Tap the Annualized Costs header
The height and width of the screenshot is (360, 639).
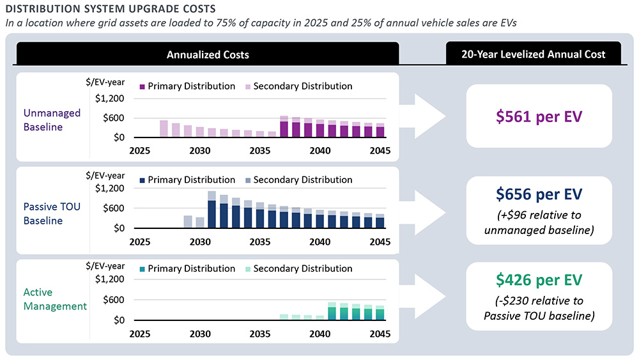tap(208, 54)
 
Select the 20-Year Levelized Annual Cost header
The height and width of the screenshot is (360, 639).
tap(533, 54)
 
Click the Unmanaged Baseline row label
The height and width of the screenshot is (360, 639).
tap(52, 120)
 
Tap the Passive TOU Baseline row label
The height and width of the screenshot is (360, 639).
tap(52, 214)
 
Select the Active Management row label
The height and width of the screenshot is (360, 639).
tap(55, 299)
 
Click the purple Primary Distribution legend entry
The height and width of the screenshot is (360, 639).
tap(187, 86)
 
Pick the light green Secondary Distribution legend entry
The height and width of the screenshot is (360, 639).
tap(297, 269)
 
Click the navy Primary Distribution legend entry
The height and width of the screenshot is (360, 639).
tap(187, 180)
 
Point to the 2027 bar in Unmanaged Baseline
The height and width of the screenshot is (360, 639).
tap(164, 129)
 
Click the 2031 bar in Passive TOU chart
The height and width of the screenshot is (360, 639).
tap(212, 210)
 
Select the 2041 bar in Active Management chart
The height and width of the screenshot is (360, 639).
tap(332, 311)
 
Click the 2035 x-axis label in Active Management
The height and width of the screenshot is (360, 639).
tap(259, 334)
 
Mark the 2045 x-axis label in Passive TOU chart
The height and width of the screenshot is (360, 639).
tap(380, 242)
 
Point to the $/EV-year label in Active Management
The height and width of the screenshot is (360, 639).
tap(106, 265)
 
